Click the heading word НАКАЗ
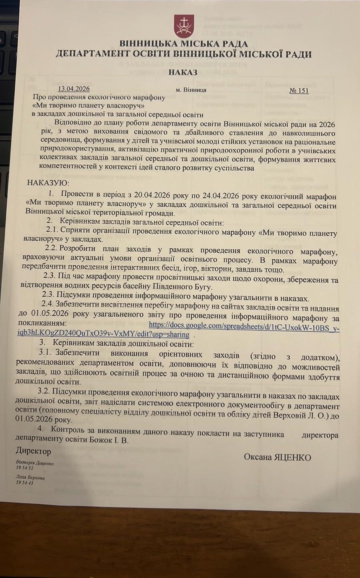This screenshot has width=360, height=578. pyautogui.click(x=183, y=72)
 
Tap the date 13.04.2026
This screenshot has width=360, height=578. pyautogui.click(x=74, y=89)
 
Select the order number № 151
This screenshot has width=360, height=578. pyautogui.click(x=299, y=90)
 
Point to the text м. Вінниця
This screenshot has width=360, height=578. pyautogui.click(x=191, y=90)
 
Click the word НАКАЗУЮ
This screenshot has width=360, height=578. pyautogui.click(x=48, y=183)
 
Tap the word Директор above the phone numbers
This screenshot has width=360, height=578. pyautogui.click(x=33, y=451)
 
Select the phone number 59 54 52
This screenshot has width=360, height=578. pyautogui.click(x=24, y=467)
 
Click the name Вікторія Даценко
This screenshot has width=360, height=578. pyautogui.click(x=34, y=462)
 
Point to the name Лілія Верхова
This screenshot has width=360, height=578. pyautogui.click(x=30, y=478)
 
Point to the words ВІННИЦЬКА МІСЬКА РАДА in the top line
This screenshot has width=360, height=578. pyautogui.click(x=184, y=44)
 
